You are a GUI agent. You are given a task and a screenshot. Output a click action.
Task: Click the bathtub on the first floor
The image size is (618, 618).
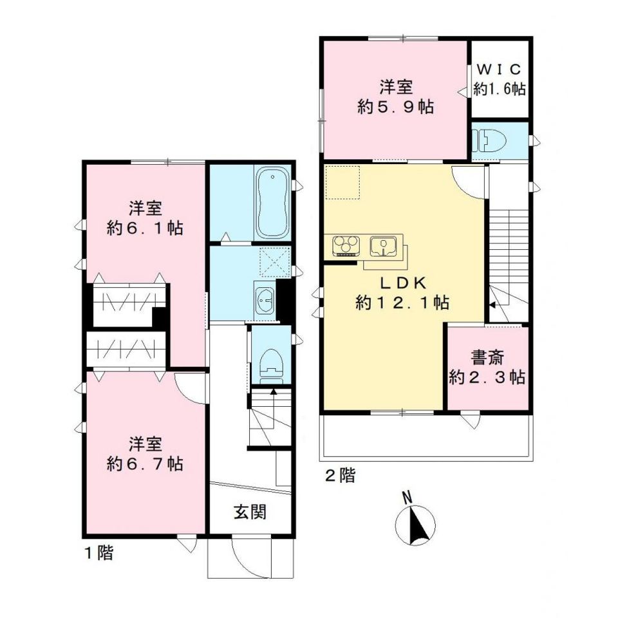tap(272, 203)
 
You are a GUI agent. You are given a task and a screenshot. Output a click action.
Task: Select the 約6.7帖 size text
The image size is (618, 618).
tap(145, 464)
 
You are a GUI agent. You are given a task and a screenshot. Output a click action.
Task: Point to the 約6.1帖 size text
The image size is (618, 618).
tap(145, 228)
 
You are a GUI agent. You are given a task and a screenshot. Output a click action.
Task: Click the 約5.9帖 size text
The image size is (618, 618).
tap(395, 106)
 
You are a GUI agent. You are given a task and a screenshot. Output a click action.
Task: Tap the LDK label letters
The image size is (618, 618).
tap(402, 283)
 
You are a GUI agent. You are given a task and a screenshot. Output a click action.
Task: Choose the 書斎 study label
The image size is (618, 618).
tap(487, 357)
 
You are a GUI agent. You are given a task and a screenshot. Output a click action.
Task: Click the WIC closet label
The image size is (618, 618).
tap(500, 69)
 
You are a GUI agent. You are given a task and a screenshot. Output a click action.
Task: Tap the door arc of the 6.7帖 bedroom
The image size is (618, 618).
tap(190, 385)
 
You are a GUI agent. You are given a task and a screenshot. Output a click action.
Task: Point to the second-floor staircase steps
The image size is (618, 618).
tap(509, 238)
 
